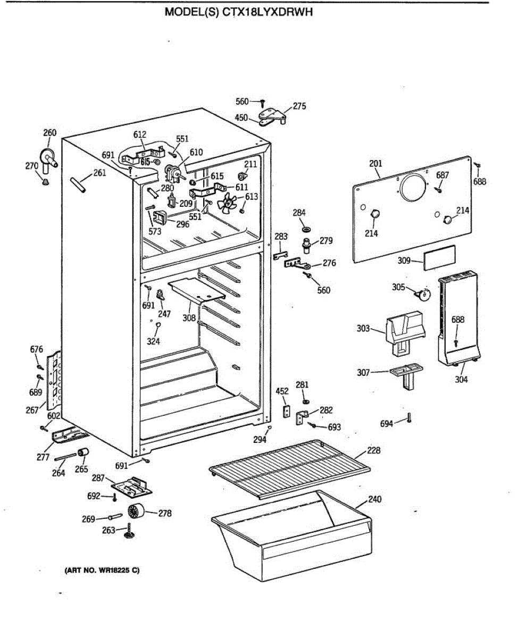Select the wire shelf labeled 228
tap(290, 467)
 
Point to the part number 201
tap(375, 163)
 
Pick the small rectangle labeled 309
tap(439, 256)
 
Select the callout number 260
tap(49, 133)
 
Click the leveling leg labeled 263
tap(128, 532)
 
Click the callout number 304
tap(462, 380)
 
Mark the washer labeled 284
tap(306, 229)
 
